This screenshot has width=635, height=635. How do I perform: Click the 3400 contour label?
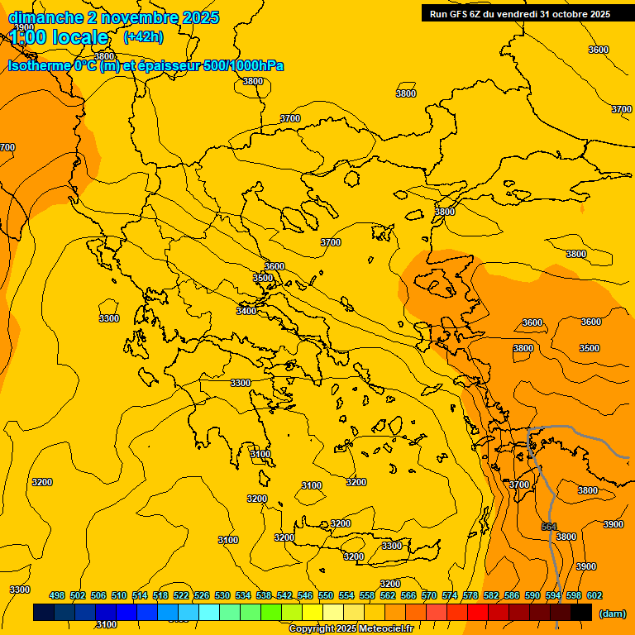click(246, 311)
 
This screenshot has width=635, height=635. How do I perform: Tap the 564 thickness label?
click(549, 527)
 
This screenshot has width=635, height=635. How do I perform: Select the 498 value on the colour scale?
click(57, 595)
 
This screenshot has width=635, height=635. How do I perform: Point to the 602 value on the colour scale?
click(594, 595)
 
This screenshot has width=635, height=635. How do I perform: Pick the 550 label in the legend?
click(326, 595)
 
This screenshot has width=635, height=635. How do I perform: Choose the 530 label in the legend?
click(222, 595)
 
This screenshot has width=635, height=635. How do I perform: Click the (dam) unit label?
click(612, 614)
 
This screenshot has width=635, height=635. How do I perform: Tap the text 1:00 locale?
click(60, 37)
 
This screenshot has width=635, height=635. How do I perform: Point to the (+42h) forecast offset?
click(143, 37)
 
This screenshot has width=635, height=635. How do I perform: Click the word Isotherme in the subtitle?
click(38, 65)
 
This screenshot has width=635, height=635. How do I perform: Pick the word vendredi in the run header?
click(513, 13)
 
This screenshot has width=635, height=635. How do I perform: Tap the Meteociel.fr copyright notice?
click(351, 629)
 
